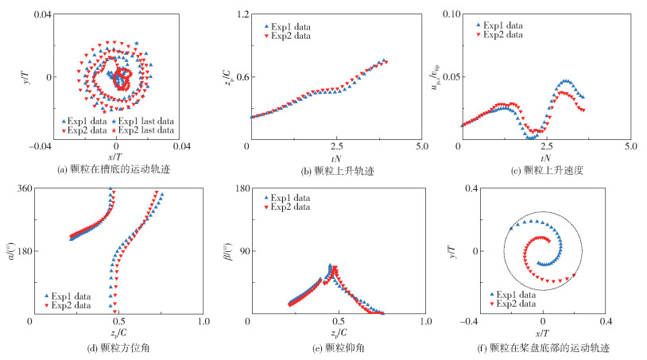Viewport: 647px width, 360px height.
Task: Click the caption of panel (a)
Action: (116, 170)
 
